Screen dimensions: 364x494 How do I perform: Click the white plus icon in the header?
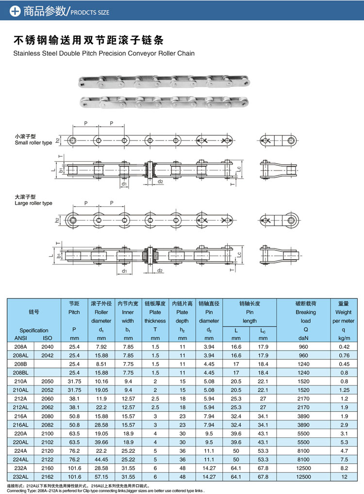click(x=15, y=11)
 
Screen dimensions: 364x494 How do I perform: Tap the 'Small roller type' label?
click(x=33, y=143)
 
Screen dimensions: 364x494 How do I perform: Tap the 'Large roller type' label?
click(x=33, y=203)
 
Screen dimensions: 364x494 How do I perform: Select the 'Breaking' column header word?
click(x=306, y=312)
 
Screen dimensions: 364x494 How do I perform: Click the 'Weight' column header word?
click(x=344, y=312)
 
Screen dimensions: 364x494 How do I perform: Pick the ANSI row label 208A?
click(x=20, y=347)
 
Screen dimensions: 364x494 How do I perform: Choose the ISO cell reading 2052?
click(x=48, y=390)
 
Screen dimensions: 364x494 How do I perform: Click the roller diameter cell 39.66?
click(x=101, y=442)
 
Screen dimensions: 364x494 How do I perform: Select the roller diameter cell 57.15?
click(x=101, y=477)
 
